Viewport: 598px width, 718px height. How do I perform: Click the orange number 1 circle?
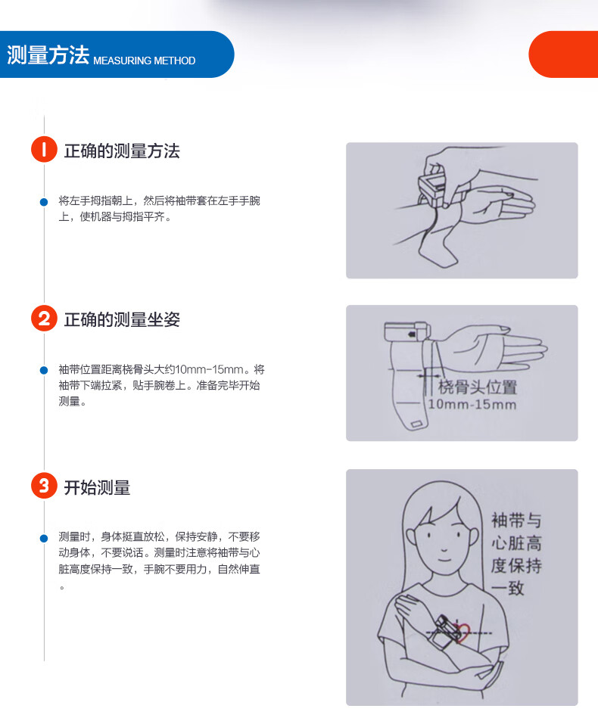(44, 149)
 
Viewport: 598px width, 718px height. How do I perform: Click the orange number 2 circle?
(44, 319)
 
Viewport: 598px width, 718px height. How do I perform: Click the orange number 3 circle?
(44, 486)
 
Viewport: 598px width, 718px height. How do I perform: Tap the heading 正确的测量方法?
(122, 151)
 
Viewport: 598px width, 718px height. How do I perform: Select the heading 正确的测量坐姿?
(122, 319)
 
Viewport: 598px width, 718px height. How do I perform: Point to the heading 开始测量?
(97, 487)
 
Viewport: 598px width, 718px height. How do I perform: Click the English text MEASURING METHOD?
(145, 61)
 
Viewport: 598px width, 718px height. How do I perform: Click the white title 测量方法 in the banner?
(48, 55)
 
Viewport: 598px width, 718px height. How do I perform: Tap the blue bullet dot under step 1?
(44, 202)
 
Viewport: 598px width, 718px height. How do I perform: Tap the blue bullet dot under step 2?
(44, 370)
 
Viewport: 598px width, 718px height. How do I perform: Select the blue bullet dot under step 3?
(44, 538)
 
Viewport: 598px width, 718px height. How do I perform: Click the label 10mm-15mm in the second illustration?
(472, 404)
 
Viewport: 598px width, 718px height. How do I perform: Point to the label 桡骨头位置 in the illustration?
(478, 387)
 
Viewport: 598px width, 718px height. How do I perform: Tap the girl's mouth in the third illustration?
(444, 559)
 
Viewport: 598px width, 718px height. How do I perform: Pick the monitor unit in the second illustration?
(407, 331)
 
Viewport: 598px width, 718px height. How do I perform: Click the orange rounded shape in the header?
(564, 54)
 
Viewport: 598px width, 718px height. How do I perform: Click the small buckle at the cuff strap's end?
(416, 424)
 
